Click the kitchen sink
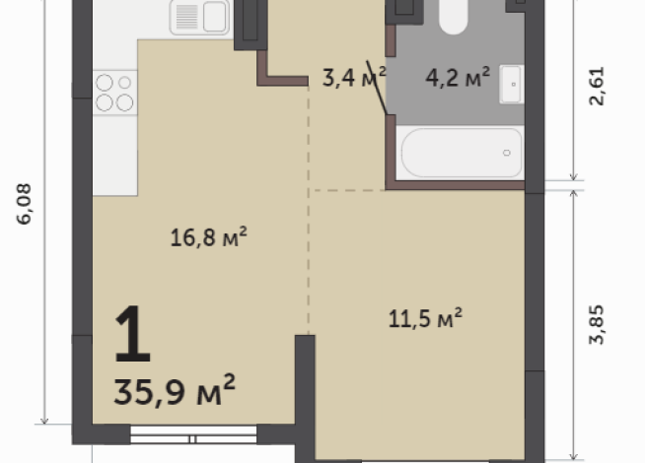click(x=200, y=16)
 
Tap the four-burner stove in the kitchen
click(x=115, y=92)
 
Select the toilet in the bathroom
click(x=454, y=15)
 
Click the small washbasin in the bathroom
click(x=511, y=84)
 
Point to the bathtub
click(x=461, y=153)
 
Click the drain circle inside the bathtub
click(x=507, y=153)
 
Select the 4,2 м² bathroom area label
click(x=458, y=78)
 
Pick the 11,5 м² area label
click(x=426, y=318)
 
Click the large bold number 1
click(x=132, y=334)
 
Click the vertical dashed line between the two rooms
click(x=310, y=256)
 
